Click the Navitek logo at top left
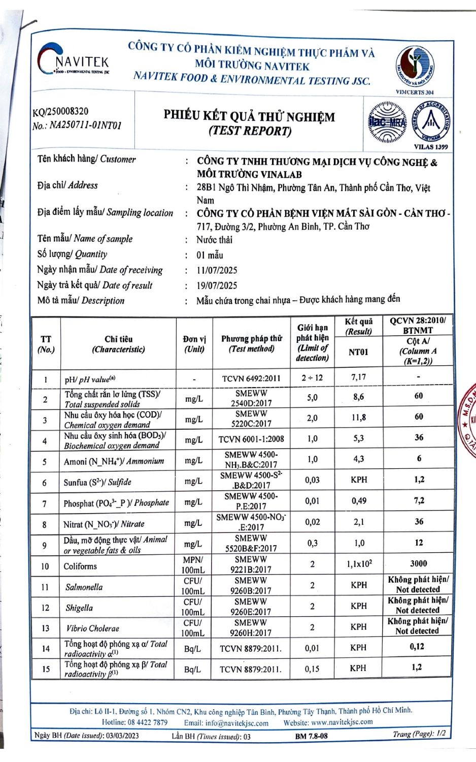tap(74, 61)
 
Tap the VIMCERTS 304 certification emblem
tap(415, 68)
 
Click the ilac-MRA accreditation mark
tap(387, 122)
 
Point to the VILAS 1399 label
tap(431, 147)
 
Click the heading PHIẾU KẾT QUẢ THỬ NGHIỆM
tap(249, 116)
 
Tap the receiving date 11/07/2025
tap(217, 270)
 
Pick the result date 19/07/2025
tap(217, 285)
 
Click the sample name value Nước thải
tap(214, 240)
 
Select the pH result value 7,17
tap(358, 377)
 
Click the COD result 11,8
tap(358, 418)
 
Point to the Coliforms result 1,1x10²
tap(359, 564)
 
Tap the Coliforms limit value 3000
tap(418, 563)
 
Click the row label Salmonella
tap(84, 587)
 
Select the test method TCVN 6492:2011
tap(251, 378)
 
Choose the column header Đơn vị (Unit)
tap(194, 344)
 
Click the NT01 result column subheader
tap(358, 352)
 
